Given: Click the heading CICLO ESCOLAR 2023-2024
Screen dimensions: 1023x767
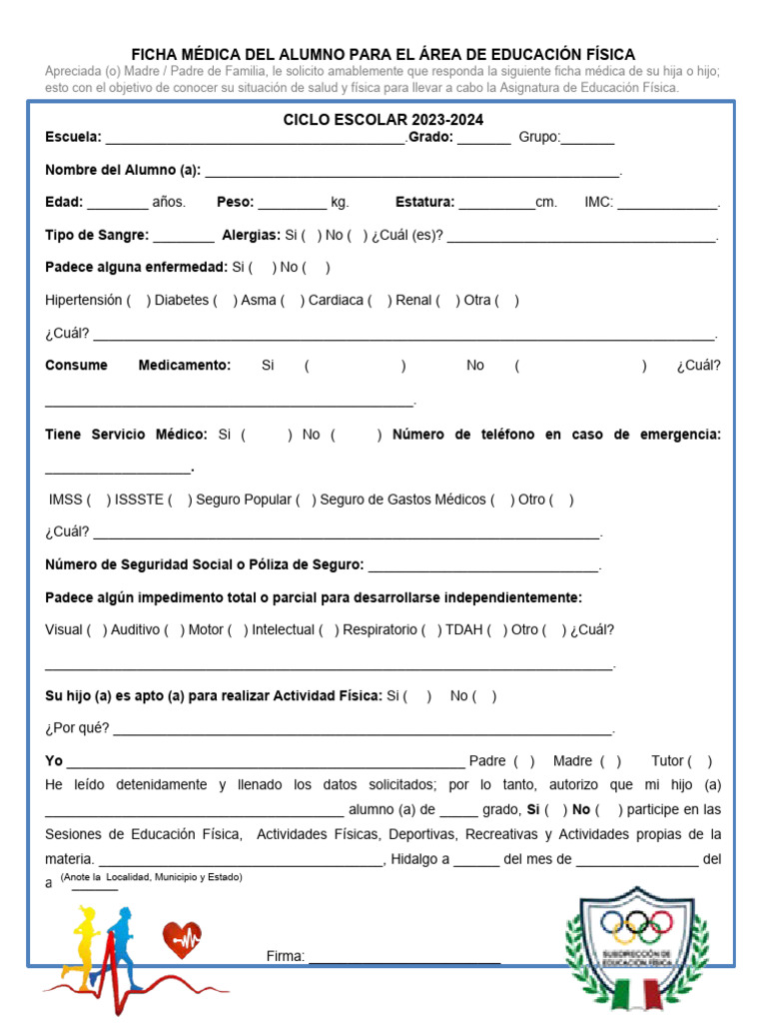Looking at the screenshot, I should (x=383, y=120).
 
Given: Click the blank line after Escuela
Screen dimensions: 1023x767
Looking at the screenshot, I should (x=255, y=139).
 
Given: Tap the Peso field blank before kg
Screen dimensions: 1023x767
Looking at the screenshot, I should (x=292, y=203).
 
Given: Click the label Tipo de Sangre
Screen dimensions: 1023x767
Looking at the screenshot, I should (x=97, y=235).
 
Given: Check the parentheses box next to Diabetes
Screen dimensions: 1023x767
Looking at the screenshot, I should (x=226, y=300).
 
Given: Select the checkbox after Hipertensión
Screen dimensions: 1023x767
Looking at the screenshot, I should (x=140, y=300).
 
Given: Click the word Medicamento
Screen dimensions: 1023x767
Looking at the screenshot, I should (x=184, y=366).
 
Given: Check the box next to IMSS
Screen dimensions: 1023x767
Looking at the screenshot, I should (x=99, y=500).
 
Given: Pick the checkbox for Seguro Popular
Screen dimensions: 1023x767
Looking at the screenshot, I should (x=306, y=500).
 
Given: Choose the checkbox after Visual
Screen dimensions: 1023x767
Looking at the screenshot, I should (x=97, y=630).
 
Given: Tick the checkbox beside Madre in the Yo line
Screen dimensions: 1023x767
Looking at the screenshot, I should (x=611, y=761).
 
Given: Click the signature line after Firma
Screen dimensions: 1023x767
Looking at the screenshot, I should (x=404, y=957).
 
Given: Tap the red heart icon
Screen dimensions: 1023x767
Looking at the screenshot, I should (x=182, y=940).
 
